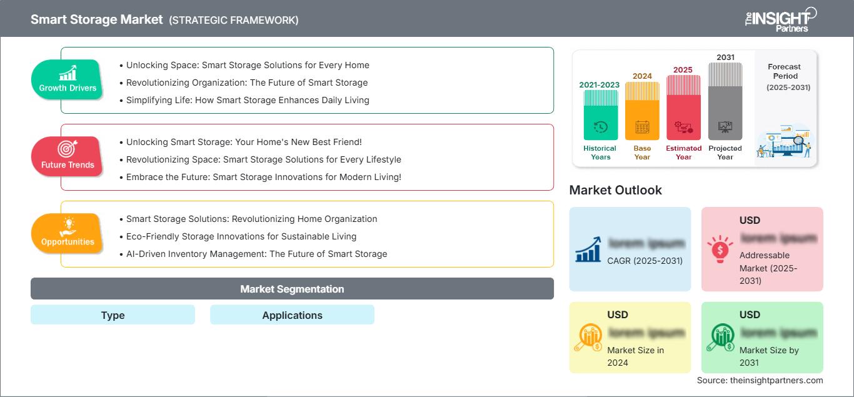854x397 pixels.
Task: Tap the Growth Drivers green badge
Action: click(67, 80)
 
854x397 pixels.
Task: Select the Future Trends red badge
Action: click(67, 157)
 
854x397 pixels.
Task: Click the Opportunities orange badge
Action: click(67, 234)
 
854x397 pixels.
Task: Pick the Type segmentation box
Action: click(113, 315)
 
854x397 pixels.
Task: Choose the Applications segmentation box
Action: click(292, 315)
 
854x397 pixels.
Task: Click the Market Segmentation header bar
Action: click(292, 289)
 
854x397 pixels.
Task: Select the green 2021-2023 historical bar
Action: click(600, 115)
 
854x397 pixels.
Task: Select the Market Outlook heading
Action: click(615, 190)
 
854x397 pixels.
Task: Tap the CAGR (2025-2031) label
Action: click(645, 261)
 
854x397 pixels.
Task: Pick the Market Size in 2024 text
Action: click(635, 356)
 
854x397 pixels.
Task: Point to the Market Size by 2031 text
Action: click(769, 356)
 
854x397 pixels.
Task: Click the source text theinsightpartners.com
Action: click(760, 380)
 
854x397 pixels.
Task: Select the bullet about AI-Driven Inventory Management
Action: click(256, 254)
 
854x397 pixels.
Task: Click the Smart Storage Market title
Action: click(96, 19)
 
